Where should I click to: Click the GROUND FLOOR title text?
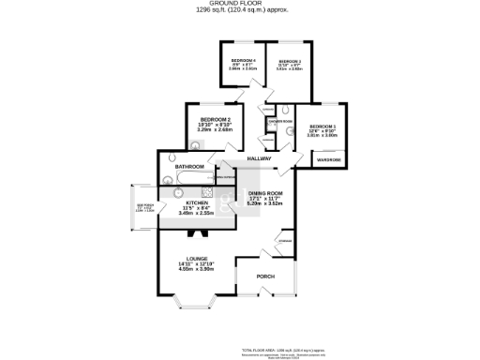click(241, 4)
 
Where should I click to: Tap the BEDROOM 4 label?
click(243, 62)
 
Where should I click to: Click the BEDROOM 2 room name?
click(215, 119)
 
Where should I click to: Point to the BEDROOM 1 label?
click(322, 126)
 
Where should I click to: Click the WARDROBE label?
click(328, 160)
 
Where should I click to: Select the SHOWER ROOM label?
click(279, 122)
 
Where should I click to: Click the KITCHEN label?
click(196, 202)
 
